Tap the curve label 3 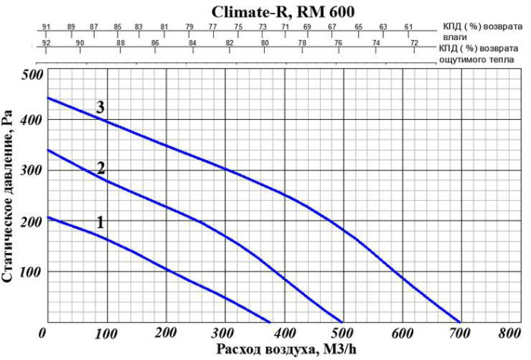pos(99,107)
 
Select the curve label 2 pos(100,168)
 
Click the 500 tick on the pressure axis pos(33,76)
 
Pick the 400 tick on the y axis pos(33,121)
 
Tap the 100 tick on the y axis pos(33,271)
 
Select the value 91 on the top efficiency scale pos(46,27)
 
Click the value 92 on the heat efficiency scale pos(46,42)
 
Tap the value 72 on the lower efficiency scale pos(414,42)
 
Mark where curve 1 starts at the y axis pos(47,218)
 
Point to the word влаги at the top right pos(454,36)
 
